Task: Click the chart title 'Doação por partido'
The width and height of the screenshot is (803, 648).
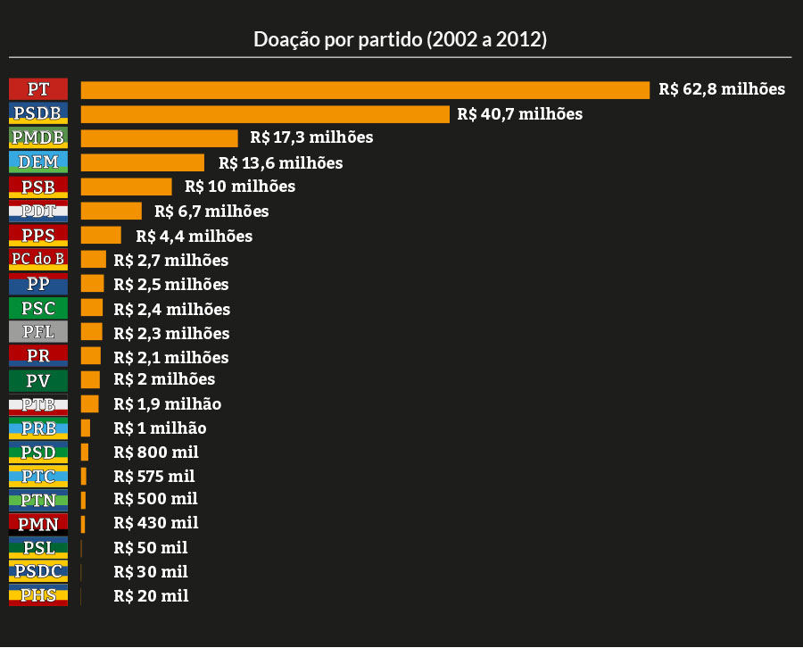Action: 401,40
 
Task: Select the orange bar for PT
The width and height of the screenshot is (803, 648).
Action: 365,90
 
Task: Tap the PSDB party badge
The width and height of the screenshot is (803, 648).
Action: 38,113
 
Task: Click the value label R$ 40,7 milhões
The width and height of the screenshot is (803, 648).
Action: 519,114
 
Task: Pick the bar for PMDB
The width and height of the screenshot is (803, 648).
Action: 160,138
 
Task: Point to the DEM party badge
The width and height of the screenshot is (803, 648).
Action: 38,162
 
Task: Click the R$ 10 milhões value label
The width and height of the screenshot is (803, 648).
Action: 240,187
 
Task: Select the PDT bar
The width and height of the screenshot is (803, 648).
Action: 112,212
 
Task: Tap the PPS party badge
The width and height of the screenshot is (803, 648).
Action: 38,236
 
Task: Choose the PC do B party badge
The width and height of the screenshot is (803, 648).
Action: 38,260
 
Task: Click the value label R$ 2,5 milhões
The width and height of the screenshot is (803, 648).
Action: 171,285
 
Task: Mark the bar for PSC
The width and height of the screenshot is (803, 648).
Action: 92,309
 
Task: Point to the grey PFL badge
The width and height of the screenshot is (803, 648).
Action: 38,333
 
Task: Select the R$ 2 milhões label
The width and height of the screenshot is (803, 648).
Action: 164,379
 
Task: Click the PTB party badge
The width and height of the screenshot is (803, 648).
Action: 38,404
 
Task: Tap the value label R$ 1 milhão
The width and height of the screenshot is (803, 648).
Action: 160,428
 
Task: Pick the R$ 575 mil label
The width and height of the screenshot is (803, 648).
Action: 154,477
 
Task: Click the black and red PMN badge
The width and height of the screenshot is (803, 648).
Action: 38,524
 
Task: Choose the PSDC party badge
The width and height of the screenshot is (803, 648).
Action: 38,572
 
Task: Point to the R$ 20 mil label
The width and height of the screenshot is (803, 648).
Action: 151,596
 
